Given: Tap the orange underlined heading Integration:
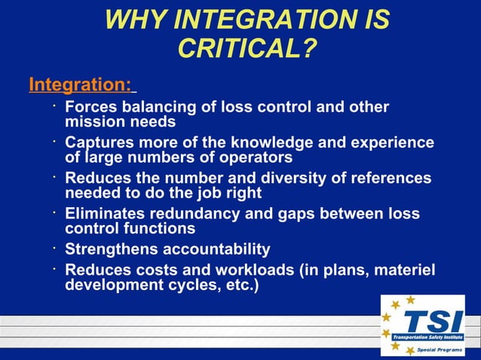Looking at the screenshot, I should point(80,84).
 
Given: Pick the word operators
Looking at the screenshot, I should point(256,157).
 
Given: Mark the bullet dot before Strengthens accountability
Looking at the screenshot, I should point(55,246).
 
